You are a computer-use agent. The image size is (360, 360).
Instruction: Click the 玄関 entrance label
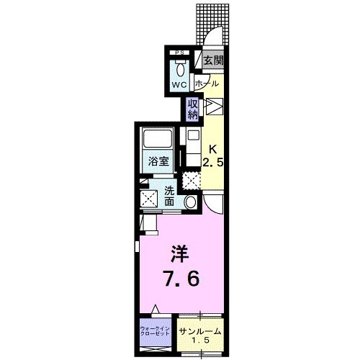click(x=212, y=61)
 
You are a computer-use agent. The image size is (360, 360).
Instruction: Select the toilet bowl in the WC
click(x=179, y=69)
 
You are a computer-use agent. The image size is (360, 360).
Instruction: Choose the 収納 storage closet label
click(x=193, y=110)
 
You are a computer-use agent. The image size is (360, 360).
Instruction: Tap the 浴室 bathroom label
click(x=159, y=161)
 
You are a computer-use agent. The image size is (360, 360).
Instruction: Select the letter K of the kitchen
click(x=212, y=149)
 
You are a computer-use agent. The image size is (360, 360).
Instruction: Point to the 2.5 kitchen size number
click(x=214, y=163)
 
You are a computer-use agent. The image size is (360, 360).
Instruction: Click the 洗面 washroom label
click(x=170, y=197)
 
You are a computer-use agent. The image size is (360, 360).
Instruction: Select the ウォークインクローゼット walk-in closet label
click(x=155, y=333)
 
